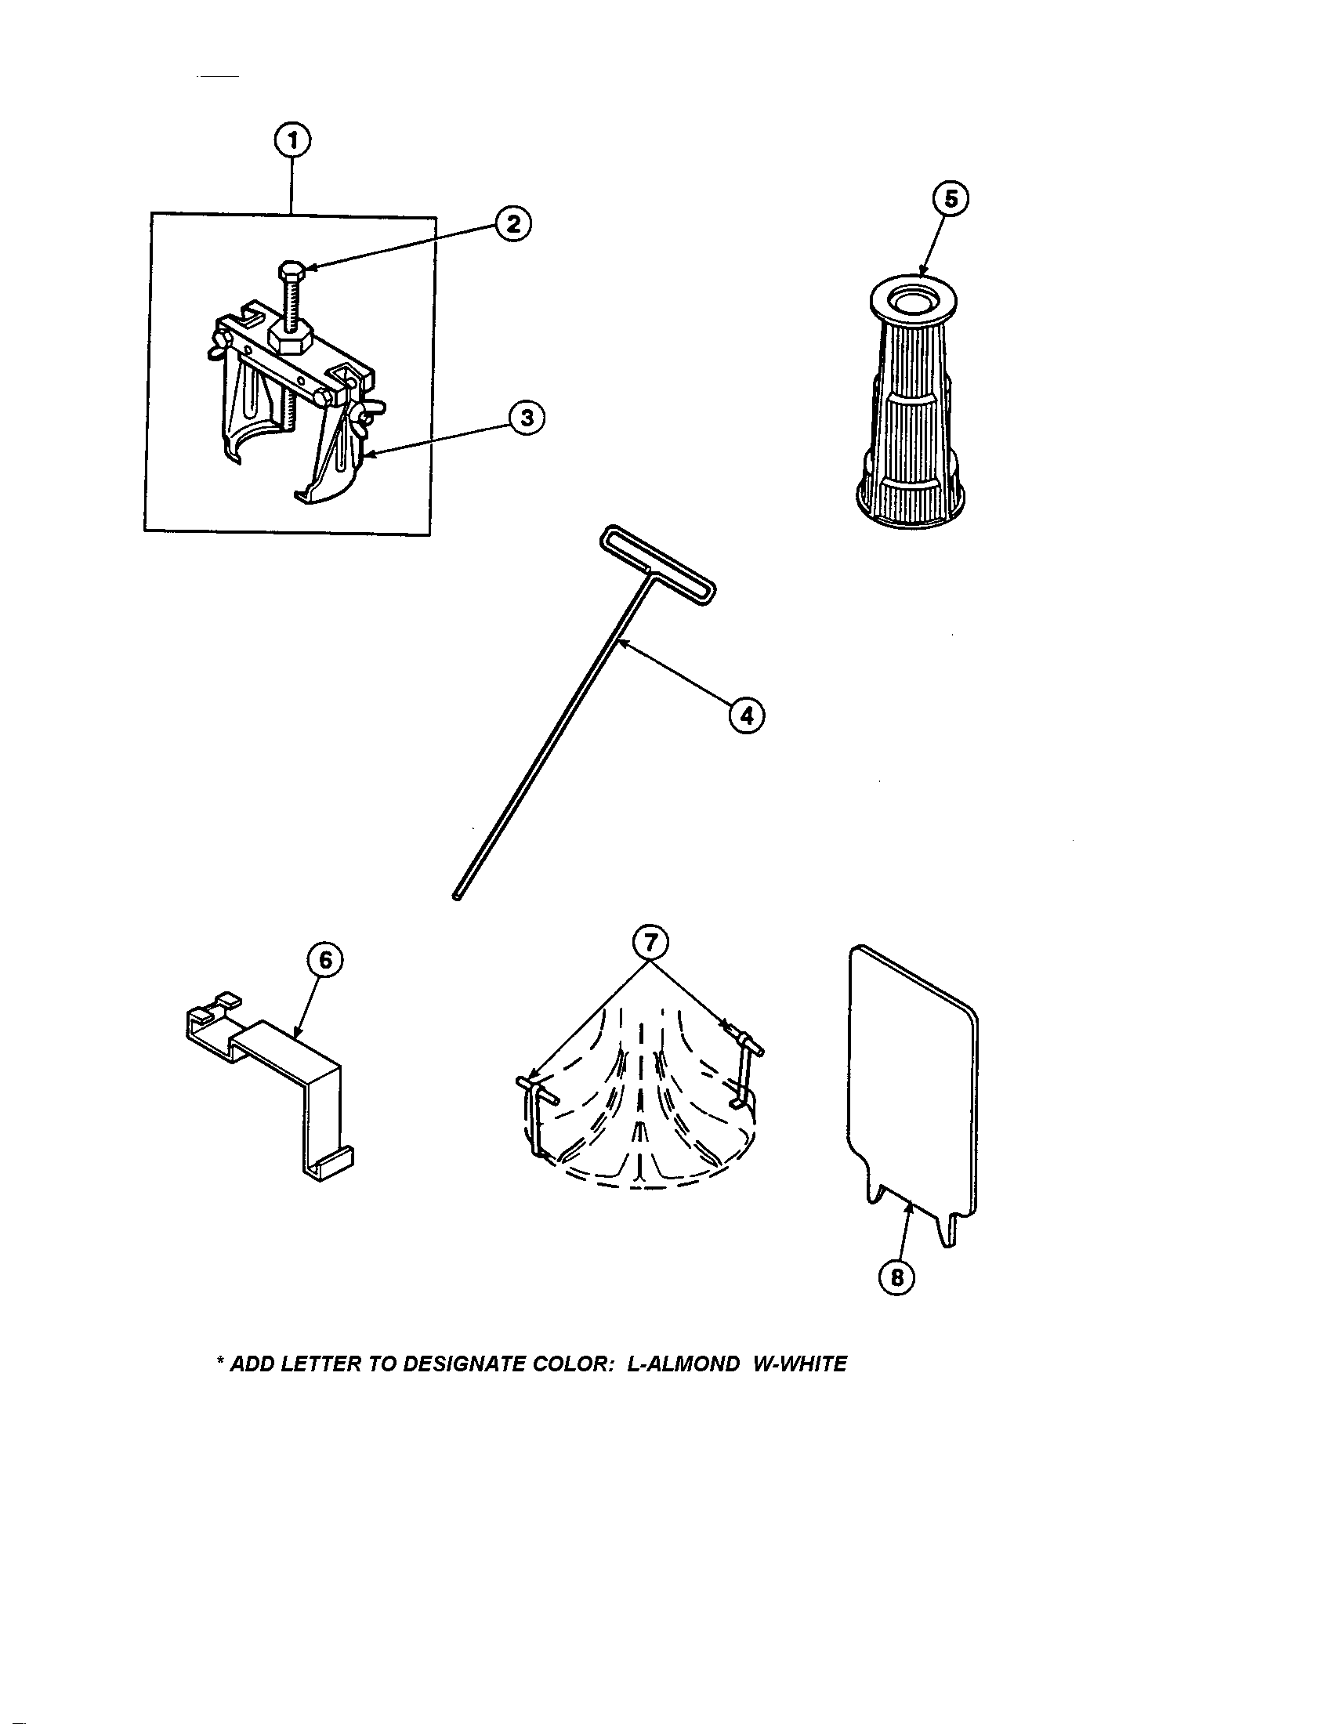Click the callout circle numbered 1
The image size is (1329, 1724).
[x=292, y=141]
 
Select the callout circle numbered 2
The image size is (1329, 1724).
[x=513, y=224]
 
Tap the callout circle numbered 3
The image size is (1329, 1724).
[x=527, y=418]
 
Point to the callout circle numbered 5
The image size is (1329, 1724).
[x=951, y=200]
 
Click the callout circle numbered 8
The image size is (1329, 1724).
[x=896, y=1277]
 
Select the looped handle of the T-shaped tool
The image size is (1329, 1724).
[x=657, y=565]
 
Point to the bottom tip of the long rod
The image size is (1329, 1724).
[x=457, y=896]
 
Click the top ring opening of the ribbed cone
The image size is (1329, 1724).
[x=913, y=302]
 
